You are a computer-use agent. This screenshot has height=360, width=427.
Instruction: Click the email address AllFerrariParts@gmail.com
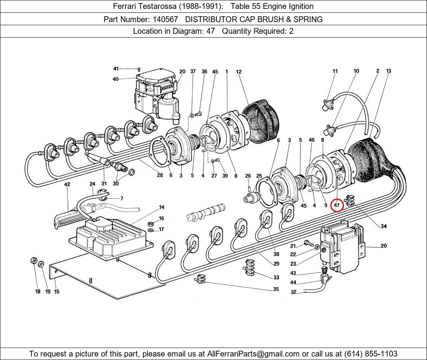point(253,353)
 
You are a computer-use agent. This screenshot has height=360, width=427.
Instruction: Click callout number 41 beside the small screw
point(116,69)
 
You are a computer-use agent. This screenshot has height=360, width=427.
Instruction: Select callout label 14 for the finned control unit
point(161,208)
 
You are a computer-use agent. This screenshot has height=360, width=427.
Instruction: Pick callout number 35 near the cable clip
point(276,289)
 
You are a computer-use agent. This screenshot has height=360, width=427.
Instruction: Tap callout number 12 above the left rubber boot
point(239,72)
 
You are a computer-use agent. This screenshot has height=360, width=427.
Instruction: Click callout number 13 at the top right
point(389,71)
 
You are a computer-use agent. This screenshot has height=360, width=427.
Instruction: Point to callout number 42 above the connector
point(67,184)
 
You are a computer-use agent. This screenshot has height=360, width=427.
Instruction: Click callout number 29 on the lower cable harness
point(276,264)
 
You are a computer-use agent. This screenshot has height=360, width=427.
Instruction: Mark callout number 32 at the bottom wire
point(293,292)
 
